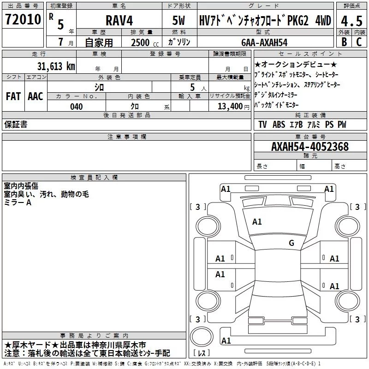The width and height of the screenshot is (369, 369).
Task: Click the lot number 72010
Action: [x=23, y=19]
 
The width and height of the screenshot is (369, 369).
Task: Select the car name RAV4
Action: [x=119, y=20]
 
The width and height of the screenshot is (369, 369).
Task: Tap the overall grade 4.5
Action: [x=351, y=21]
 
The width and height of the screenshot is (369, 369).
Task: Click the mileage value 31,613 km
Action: [x=56, y=66]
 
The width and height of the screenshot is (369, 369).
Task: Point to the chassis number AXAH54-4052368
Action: [x=310, y=147]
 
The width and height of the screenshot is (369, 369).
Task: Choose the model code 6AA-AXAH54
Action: [x=264, y=42]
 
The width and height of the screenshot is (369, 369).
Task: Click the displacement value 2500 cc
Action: [x=145, y=42]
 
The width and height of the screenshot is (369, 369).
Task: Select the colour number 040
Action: [x=77, y=107]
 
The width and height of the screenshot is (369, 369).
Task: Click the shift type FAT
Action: [x=13, y=96]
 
